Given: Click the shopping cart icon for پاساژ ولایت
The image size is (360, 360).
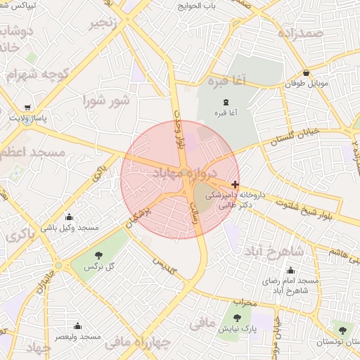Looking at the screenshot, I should click(27, 108).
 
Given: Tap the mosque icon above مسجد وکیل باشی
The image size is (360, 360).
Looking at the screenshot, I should click(69, 217).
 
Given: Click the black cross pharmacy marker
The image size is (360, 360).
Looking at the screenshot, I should click(235, 184).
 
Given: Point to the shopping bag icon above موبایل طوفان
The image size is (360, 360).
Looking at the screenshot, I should click(306, 72).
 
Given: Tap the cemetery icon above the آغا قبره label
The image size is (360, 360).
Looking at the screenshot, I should click(226, 101).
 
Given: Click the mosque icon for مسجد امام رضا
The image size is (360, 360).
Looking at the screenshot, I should click(290, 271).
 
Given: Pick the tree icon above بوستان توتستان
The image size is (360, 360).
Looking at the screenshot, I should click(342, 329).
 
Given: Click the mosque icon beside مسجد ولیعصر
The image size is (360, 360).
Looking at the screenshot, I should click(77, 326).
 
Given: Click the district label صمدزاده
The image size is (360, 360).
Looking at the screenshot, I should click(300, 33).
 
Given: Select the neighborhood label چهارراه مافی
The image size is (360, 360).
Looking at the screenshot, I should click(138, 343).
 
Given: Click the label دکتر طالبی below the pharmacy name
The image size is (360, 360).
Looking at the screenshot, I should click(220, 207).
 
